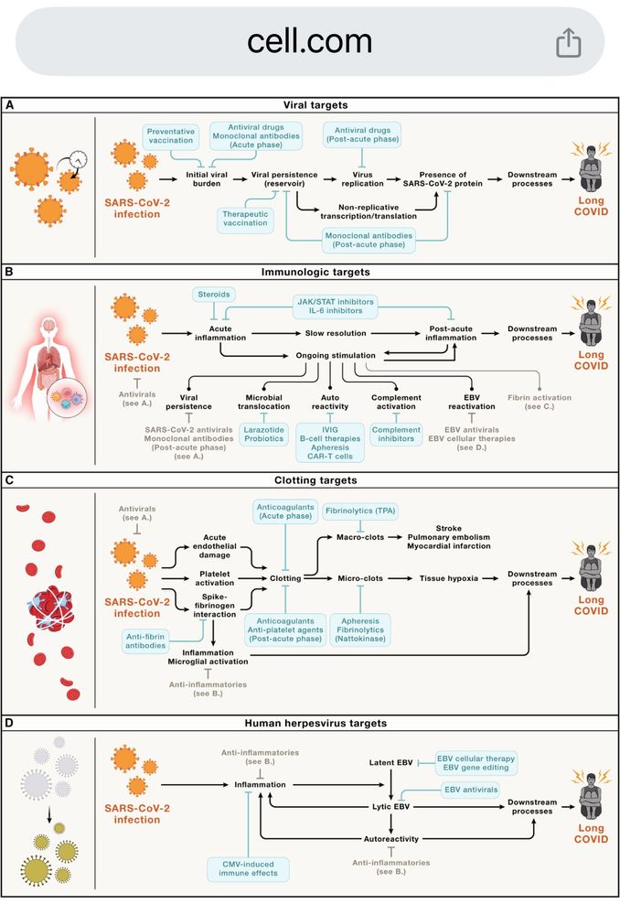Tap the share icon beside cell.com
click(568, 41)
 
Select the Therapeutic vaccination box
click(245, 217)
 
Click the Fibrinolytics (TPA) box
click(362, 510)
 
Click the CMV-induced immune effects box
click(247, 868)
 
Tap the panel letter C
click(10, 478)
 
